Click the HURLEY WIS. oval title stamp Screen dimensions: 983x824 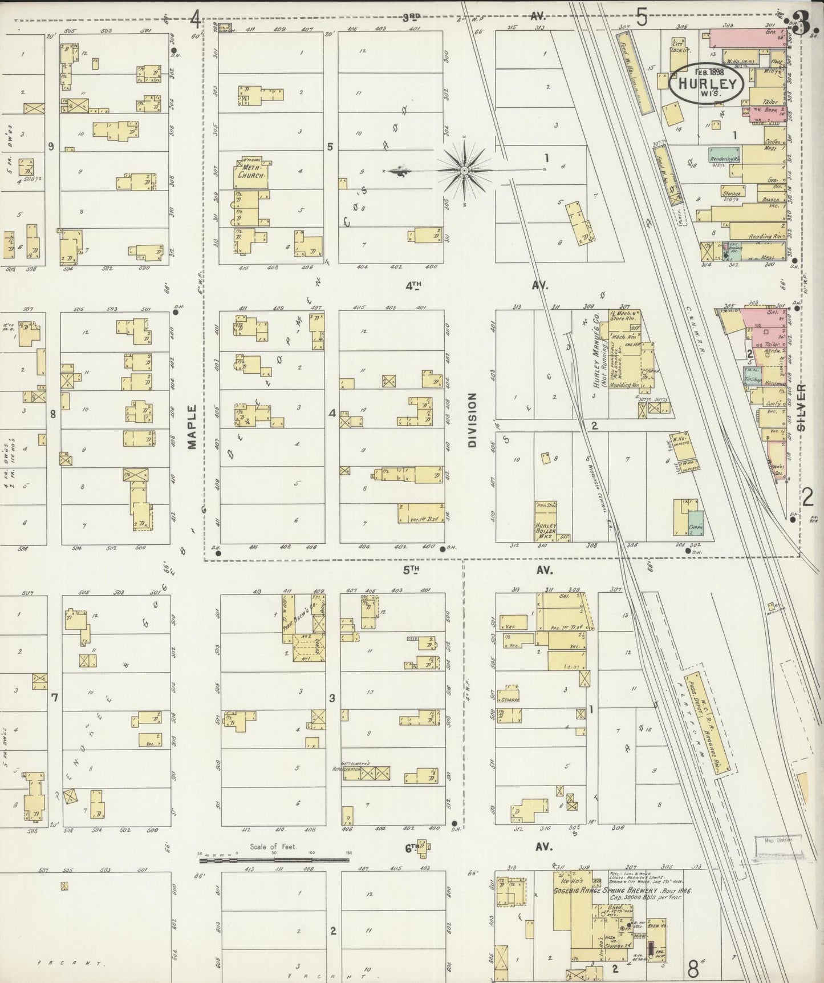click(707, 84)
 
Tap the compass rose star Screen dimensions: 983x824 click(464, 170)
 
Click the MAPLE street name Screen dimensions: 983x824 click(192, 427)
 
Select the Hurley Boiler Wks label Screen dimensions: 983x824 click(545, 527)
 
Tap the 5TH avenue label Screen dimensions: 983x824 click(412, 569)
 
